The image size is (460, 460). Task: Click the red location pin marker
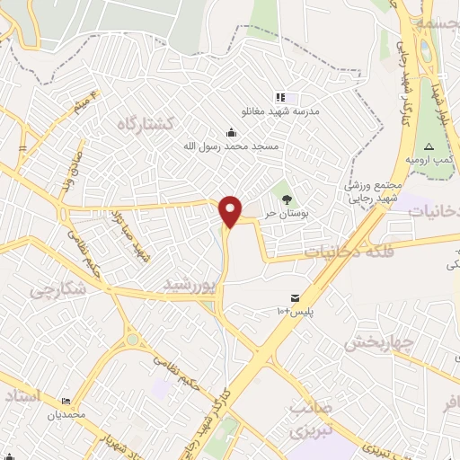pos(231,210)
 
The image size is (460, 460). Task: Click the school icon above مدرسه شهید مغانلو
pos(280,97)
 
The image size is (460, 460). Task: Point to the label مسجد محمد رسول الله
pos(233,146)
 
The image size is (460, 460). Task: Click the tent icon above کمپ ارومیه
pos(429,146)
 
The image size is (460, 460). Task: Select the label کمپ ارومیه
pos(426,160)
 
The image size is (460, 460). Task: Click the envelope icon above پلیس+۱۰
pos(296,297)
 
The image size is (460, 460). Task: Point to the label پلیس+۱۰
pos(296,311)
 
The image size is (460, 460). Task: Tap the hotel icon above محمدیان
pos(66,402)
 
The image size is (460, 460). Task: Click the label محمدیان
pos(66,415)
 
